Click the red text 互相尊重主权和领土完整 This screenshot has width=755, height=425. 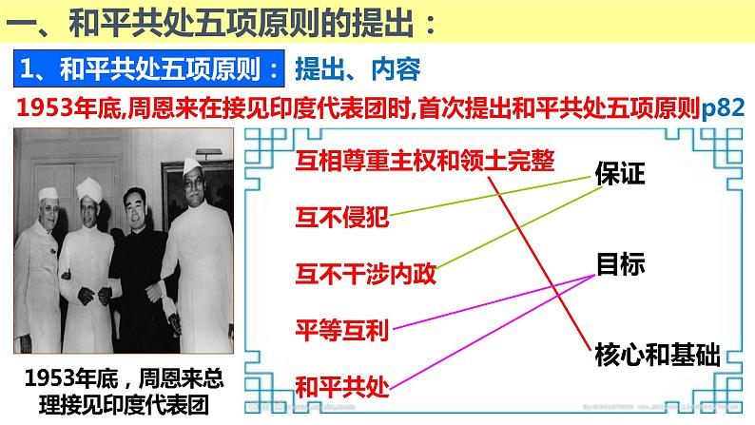coord(424,160)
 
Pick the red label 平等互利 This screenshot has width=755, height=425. coord(342,330)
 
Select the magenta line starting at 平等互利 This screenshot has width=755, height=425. coord(494,302)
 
